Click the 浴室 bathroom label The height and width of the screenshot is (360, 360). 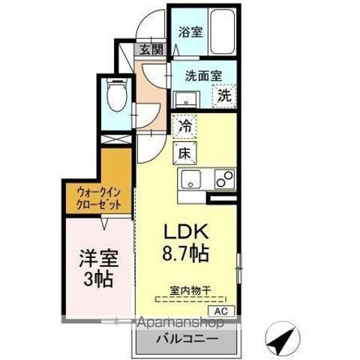[190, 31]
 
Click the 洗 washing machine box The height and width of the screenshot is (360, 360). [225, 95]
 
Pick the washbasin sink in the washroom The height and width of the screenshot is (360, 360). [184, 99]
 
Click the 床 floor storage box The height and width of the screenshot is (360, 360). [184, 153]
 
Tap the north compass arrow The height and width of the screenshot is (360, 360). [282, 341]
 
